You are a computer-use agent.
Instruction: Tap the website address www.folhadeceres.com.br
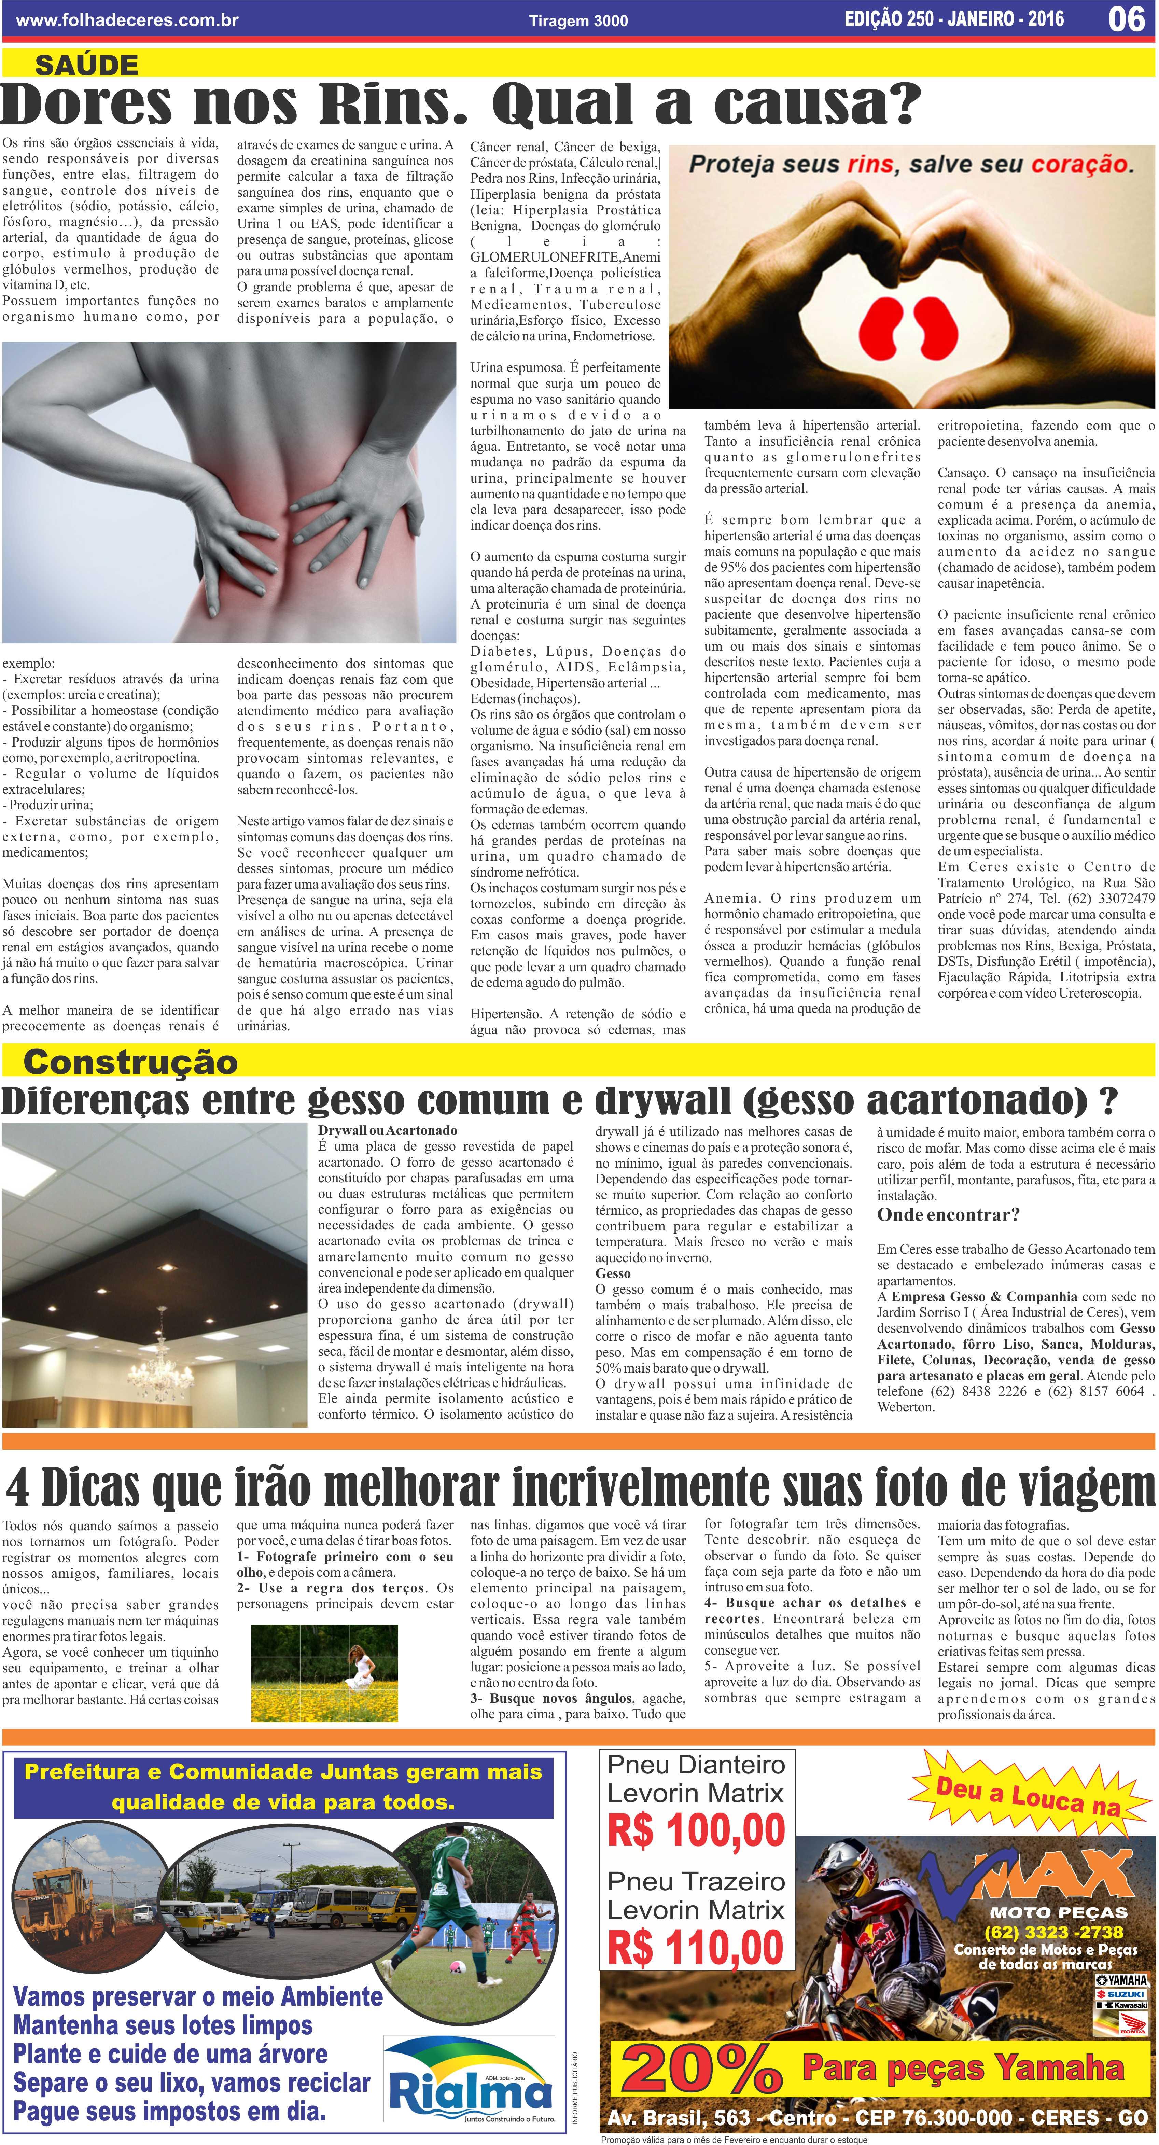click(x=127, y=20)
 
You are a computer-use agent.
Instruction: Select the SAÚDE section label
click(x=87, y=65)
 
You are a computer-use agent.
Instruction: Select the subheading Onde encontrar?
click(x=948, y=1215)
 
